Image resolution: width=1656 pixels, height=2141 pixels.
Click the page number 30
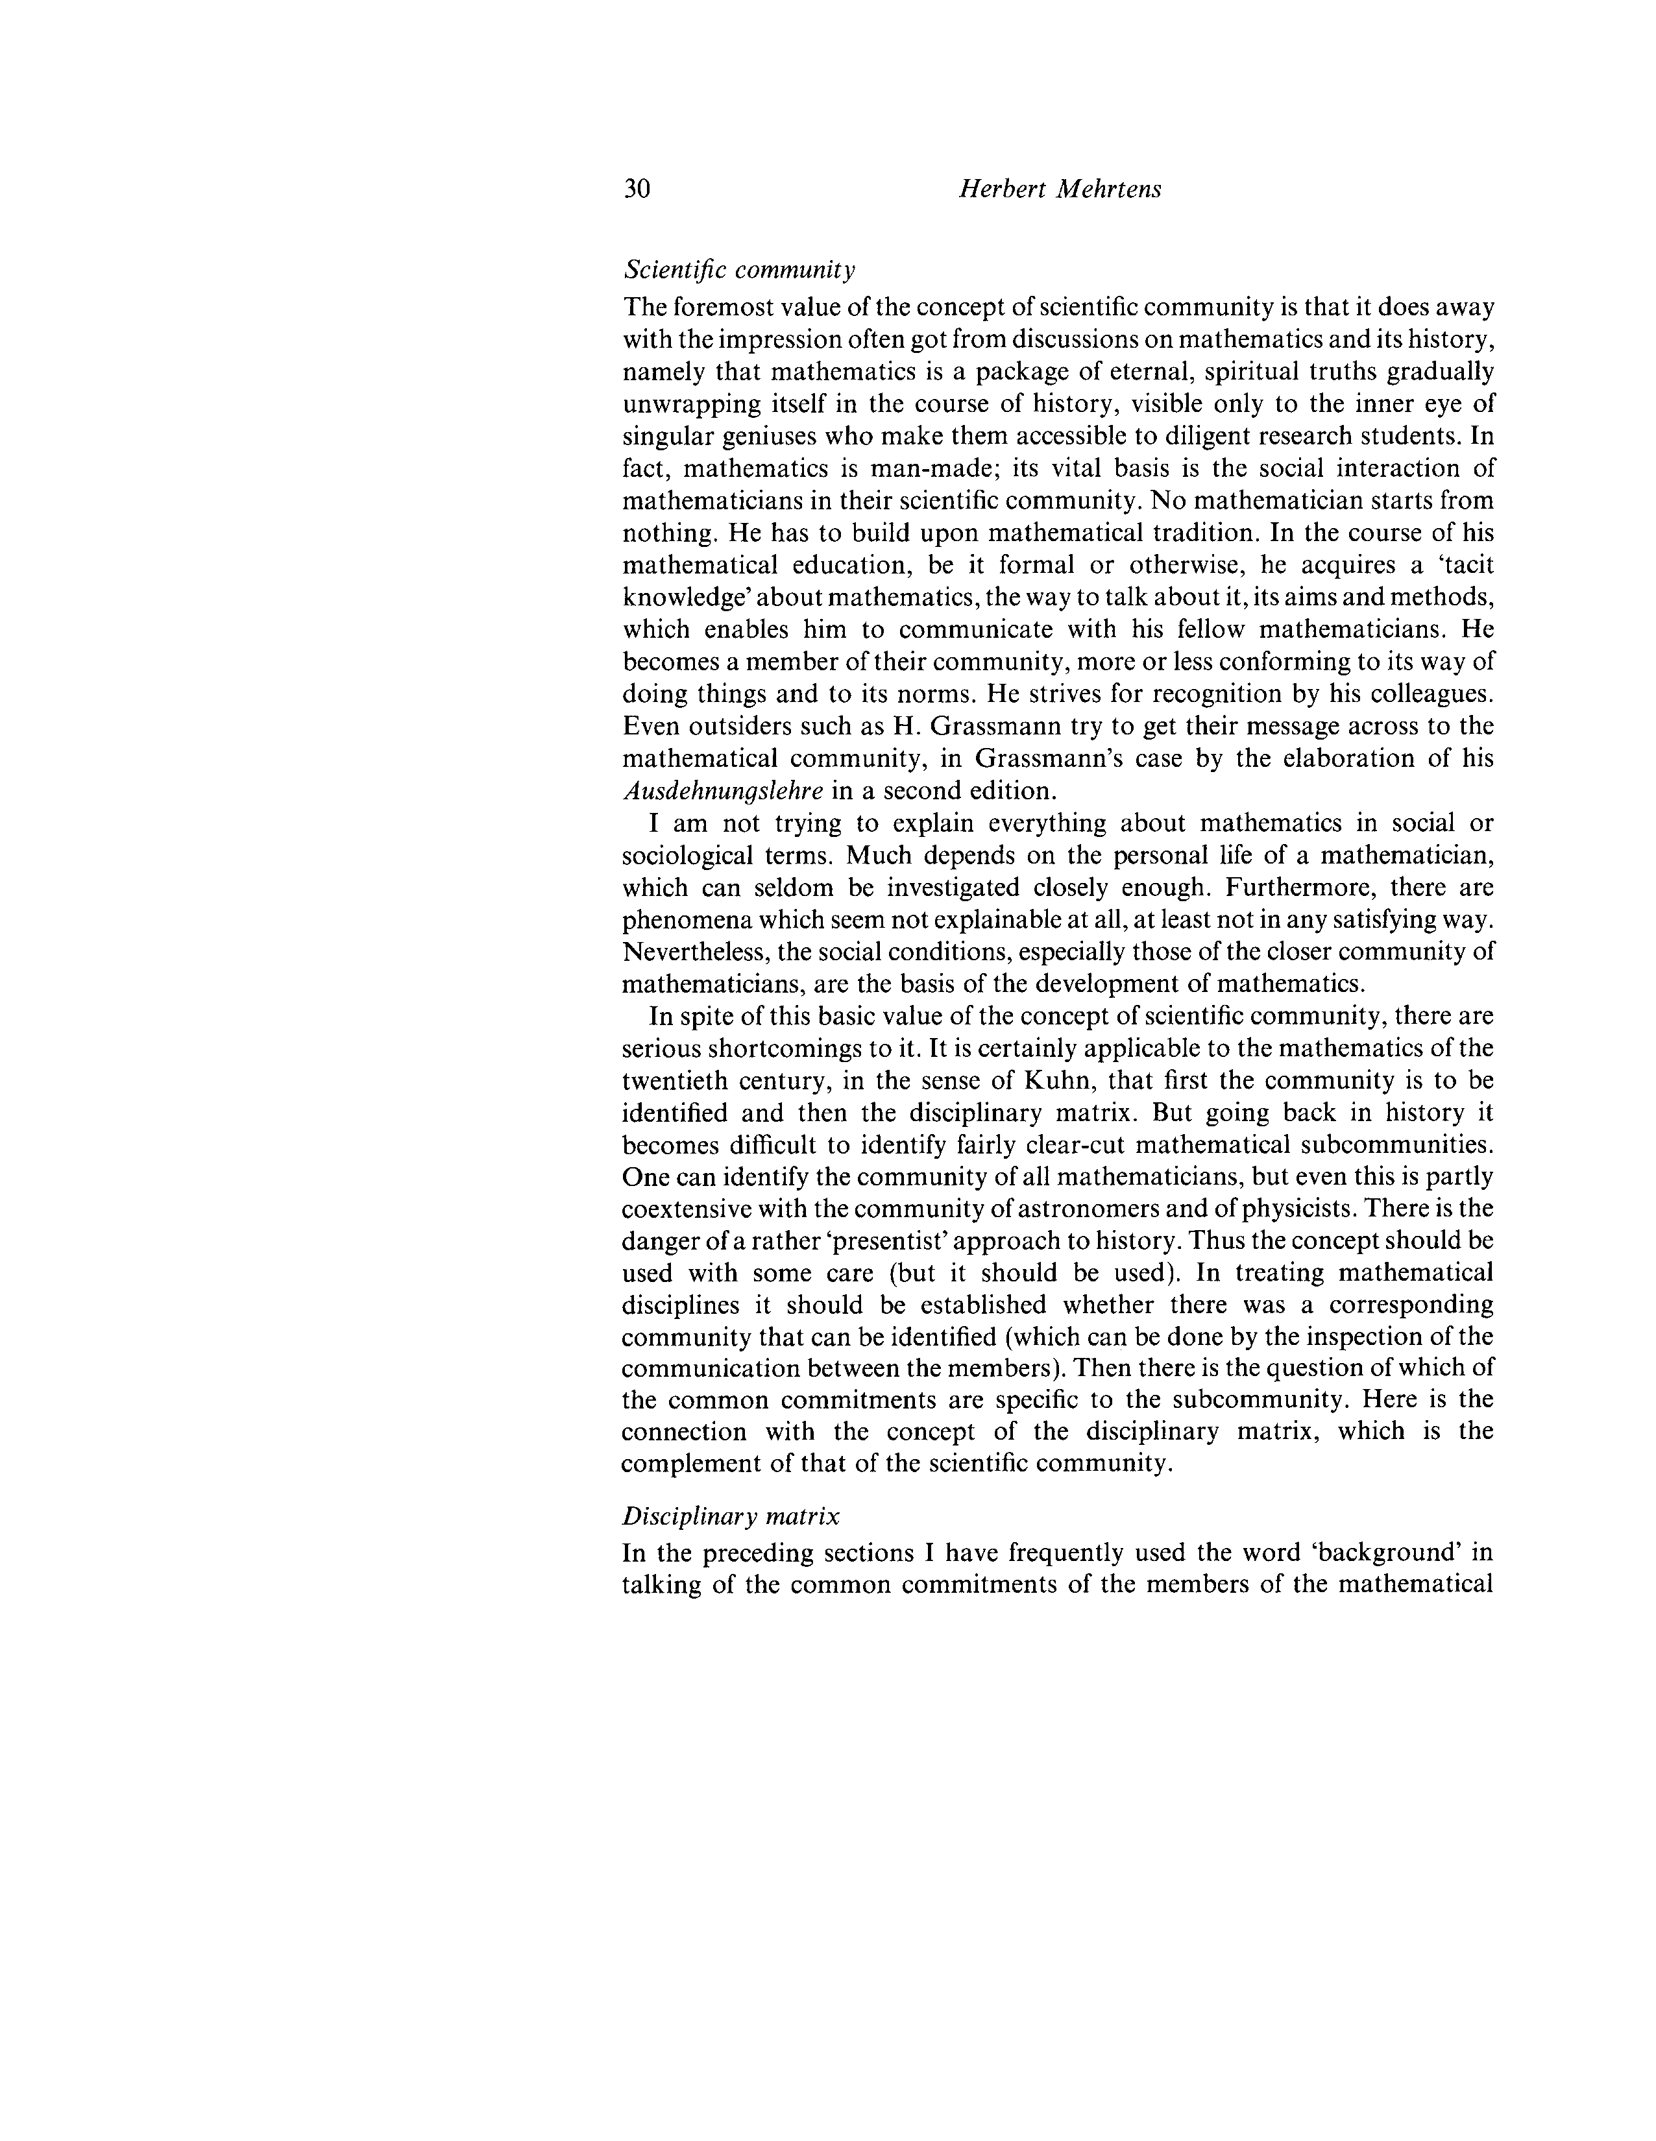coord(637,189)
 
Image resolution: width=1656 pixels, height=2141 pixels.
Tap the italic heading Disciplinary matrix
coord(731,1517)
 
